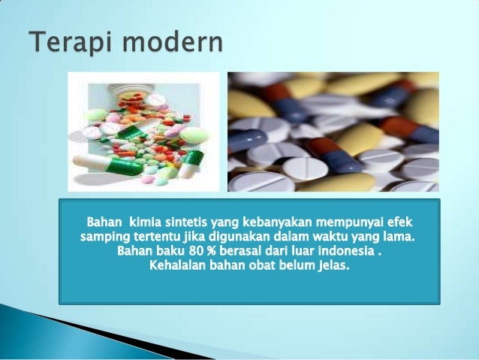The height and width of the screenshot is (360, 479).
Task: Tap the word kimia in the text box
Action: (x=145, y=223)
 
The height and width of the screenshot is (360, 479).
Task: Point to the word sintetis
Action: (x=187, y=223)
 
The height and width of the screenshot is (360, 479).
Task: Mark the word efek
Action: (x=398, y=223)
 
